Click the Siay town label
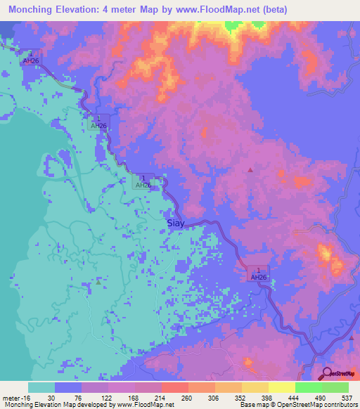(177, 223)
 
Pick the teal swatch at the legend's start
(41, 387)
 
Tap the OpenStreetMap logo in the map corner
(340, 373)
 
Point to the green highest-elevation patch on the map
(231, 26)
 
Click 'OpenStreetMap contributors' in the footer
(319, 405)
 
